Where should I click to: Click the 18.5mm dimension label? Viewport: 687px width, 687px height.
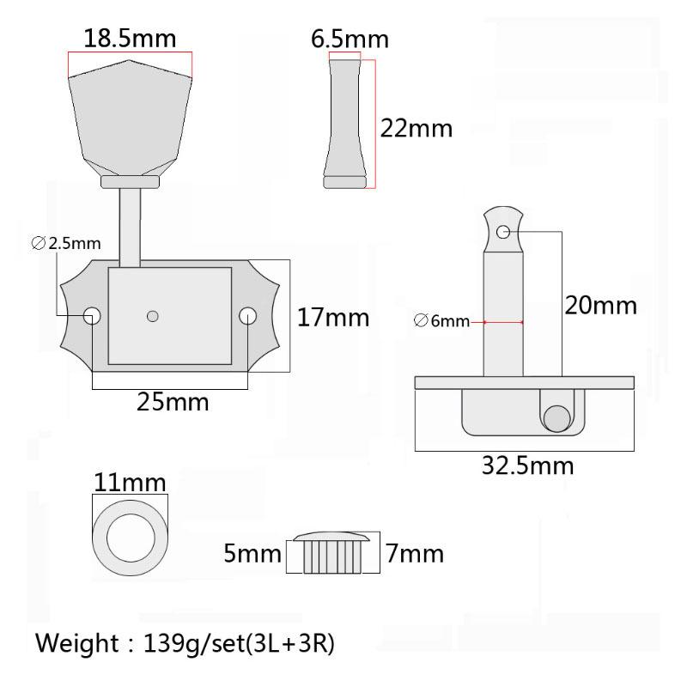(130, 38)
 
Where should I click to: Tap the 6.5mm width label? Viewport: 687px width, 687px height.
(350, 39)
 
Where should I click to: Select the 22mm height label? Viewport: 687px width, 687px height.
(416, 128)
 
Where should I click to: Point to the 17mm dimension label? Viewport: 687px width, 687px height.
(333, 318)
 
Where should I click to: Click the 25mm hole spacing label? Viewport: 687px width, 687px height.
(173, 402)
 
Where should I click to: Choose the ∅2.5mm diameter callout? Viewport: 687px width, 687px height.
(66, 243)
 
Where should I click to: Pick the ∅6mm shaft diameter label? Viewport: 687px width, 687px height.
(441, 320)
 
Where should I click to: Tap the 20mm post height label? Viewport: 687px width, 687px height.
(600, 306)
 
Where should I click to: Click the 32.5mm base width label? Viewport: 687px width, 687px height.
(527, 465)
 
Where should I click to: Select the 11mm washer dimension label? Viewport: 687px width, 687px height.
(131, 483)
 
